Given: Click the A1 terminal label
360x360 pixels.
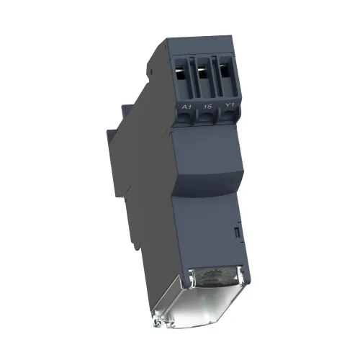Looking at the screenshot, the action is (186, 107).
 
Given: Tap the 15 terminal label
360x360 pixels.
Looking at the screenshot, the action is (207, 106).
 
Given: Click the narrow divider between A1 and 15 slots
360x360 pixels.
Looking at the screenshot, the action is (192, 78).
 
